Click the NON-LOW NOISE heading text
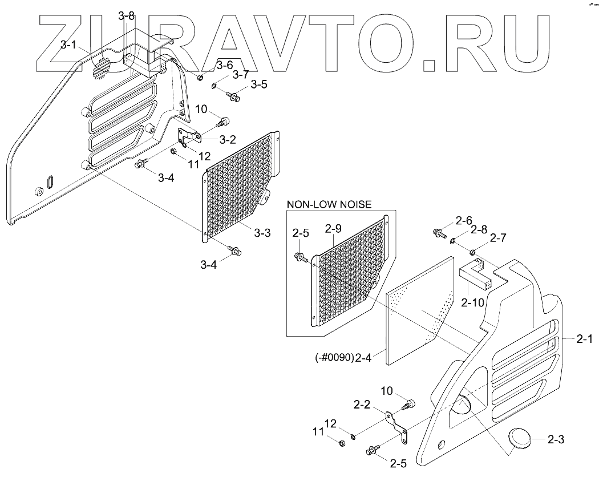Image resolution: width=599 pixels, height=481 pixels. pyautogui.click(x=329, y=204)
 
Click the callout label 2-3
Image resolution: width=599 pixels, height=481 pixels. pyautogui.click(x=556, y=439)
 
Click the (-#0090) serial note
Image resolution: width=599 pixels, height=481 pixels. pyautogui.click(x=334, y=358)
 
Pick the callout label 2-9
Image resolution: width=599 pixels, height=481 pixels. pyautogui.click(x=333, y=229)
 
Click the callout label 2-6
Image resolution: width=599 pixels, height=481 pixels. pyautogui.click(x=464, y=221)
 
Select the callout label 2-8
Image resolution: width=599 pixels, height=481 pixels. pyautogui.click(x=480, y=231)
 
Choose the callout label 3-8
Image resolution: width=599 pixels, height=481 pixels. pyautogui.click(x=127, y=16)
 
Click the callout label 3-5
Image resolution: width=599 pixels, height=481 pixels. pyautogui.click(x=260, y=85)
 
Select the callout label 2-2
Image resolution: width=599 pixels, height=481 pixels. pyautogui.click(x=362, y=406)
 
